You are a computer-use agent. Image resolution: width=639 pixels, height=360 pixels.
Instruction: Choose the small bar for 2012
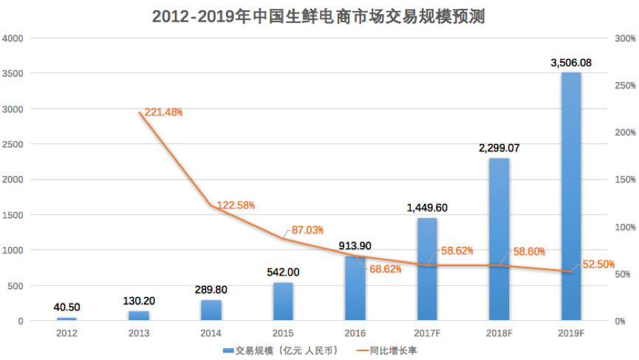point(66,319)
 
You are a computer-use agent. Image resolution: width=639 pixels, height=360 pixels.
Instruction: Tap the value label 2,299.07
point(499,148)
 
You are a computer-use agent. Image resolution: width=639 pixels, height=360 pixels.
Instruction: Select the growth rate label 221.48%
point(163,112)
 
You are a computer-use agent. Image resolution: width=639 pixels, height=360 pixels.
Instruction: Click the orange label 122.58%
point(236,205)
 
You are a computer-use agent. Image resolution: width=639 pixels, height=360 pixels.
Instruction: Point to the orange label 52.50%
point(597,264)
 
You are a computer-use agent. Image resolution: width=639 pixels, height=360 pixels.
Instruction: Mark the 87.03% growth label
point(308,231)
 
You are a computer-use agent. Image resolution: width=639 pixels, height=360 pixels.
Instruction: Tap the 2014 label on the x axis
point(211,334)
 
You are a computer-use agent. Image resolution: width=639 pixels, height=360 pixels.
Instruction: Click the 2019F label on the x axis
point(571,334)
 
